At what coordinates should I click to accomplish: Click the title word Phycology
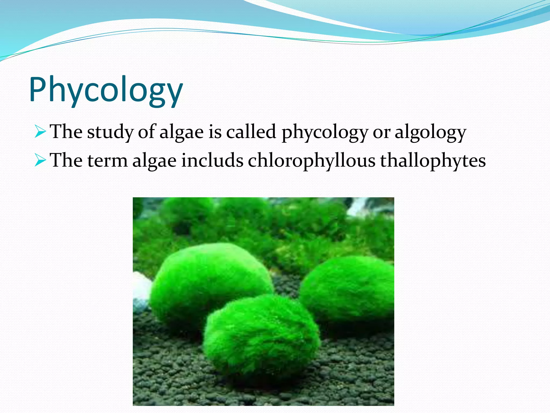pyautogui.click(x=106, y=90)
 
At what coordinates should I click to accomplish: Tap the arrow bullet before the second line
pyautogui.click(x=41, y=161)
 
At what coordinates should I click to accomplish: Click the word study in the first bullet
pyautogui.click(x=110, y=132)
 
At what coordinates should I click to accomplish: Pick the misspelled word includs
pyautogui.click(x=212, y=160)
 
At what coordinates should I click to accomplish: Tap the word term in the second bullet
pyautogui.click(x=107, y=161)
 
